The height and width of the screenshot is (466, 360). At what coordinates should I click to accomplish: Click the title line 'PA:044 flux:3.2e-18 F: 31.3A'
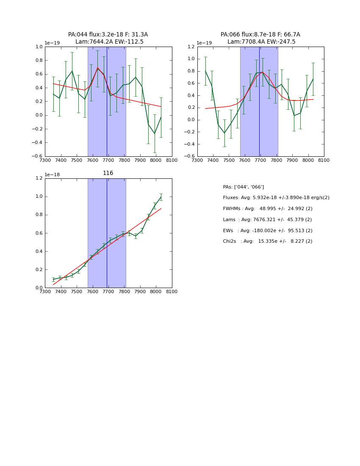pos(108,35)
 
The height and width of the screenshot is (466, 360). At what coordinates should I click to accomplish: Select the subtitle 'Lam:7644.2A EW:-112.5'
pos(109,42)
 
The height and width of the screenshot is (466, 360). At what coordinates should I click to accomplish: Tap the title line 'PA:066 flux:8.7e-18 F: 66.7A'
pos(260,35)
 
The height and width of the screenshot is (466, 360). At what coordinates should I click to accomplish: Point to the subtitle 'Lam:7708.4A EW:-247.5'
pos(261,42)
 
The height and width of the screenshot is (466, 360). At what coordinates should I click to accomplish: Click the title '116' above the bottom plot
pos(108,173)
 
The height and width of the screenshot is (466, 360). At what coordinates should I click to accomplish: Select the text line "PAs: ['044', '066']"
pos(243,187)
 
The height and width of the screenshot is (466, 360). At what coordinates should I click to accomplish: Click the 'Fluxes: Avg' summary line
pos(276,198)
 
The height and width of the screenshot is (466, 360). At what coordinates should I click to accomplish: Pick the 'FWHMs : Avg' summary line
pos(267,209)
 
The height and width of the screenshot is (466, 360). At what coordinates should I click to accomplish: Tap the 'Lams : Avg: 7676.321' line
pos(267,220)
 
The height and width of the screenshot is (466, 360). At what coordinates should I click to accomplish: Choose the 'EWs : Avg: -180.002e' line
pos(267,230)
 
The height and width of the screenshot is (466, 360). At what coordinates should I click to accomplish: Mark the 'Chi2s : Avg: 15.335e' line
pos(267,241)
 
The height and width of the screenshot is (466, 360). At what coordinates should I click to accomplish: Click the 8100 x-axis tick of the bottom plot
pos(172,292)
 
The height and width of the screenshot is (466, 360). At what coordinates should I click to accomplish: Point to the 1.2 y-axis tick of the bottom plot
pos(39,178)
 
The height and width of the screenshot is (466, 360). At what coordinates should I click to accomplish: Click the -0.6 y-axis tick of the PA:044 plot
pos(38,156)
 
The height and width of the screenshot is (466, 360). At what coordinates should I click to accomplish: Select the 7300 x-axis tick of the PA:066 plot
pos(197,160)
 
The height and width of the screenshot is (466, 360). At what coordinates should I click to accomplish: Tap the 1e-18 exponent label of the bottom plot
pos(52,175)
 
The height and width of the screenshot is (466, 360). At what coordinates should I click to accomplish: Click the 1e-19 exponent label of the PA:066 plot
pos(204,43)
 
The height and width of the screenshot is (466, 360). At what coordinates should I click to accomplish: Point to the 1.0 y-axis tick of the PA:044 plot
pos(39,47)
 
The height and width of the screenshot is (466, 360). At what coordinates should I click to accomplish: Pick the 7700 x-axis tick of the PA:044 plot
pos(108,160)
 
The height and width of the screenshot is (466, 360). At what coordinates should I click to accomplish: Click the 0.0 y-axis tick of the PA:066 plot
pos(191,120)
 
